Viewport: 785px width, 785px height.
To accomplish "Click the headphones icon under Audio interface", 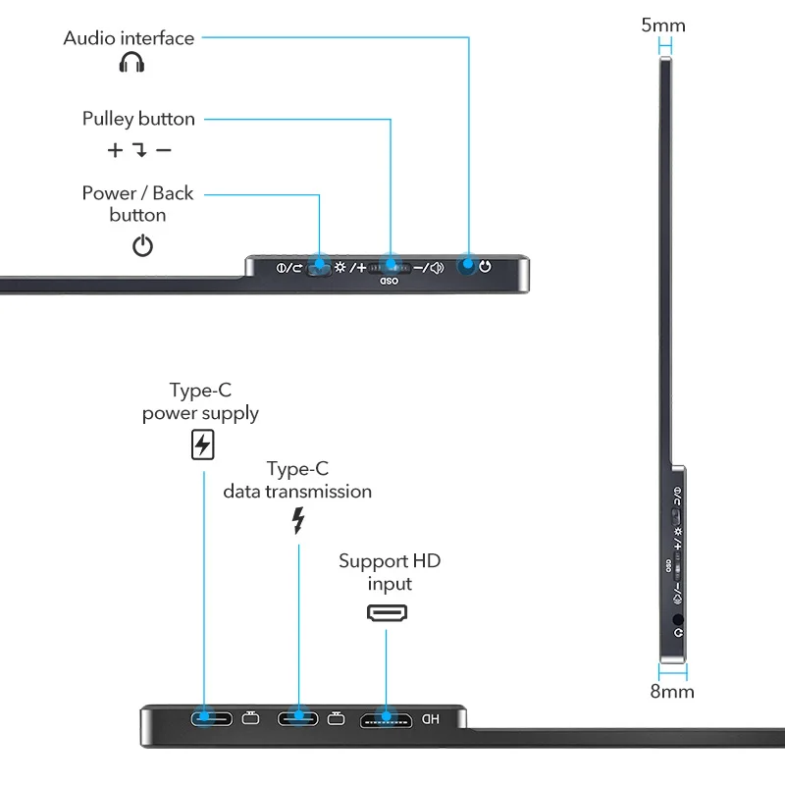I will tap(131, 64).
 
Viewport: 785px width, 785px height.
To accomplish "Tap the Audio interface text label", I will tap(129, 38).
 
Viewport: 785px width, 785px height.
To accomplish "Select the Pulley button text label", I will tap(138, 119).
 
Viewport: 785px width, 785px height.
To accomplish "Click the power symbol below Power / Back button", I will tap(143, 245).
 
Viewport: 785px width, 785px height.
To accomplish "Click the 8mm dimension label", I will tap(672, 692).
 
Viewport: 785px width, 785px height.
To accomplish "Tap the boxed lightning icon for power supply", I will tap(202, 445).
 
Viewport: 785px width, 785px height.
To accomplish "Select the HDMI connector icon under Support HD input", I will tap(388, 614).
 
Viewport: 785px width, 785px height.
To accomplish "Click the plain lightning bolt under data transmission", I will tap(298, 520).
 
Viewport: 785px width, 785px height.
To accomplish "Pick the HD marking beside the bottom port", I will tap(430, 719).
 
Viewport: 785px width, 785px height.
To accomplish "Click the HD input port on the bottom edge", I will tap(386, 719).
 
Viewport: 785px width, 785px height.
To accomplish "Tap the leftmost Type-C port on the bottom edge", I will tap(212, 719).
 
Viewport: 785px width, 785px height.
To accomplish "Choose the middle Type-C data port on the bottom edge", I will tap(298, 719).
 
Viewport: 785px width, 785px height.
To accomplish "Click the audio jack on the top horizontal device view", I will tap(469, 266).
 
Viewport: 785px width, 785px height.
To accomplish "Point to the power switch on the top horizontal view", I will tap(319, 267).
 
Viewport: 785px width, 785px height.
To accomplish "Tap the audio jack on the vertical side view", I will tap(678, 621).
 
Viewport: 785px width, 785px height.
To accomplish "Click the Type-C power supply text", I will tap(200, 401).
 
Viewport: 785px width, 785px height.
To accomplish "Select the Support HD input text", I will tap(390, 572).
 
